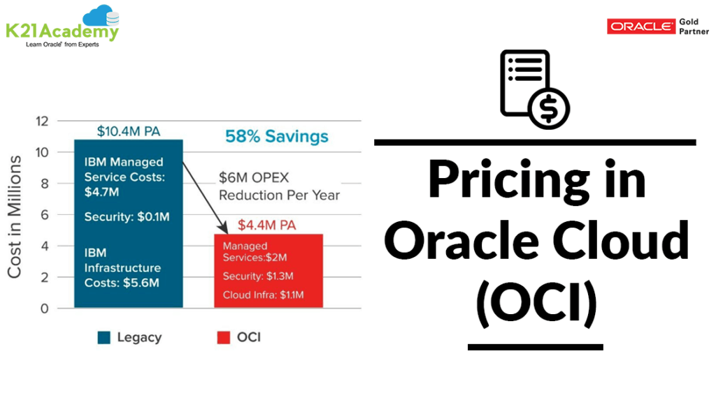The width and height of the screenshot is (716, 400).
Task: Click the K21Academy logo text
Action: [62, 31]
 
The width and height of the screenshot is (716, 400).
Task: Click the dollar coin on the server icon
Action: [549, 108]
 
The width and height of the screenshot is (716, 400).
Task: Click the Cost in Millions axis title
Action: [15, 216]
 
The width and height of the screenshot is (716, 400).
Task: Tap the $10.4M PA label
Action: [129, 131]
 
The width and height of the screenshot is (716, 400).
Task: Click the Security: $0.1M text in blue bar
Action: [127, 217]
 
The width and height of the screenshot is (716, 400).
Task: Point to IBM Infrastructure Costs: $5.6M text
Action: [122, 267]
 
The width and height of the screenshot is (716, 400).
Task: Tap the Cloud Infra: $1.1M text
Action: [263, 295]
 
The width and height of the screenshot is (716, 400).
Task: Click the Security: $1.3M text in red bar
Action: [257, 276]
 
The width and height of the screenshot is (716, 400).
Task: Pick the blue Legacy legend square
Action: [104, 338]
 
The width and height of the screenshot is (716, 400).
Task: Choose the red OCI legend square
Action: [223, 338]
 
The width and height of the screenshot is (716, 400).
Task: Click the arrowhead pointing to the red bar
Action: [224, 228]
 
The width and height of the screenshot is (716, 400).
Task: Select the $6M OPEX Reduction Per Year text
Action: [279, 186]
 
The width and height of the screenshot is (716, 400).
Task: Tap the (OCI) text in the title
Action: [536, 303]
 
